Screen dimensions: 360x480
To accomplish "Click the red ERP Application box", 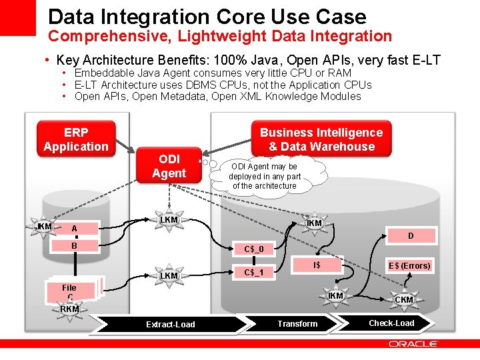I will point(75,139).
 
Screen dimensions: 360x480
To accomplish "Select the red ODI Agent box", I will point(169,165).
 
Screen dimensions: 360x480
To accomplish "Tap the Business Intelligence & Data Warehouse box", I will point(321,139).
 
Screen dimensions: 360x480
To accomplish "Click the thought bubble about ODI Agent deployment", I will point(265,176).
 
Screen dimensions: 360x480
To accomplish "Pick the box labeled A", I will point(75,229).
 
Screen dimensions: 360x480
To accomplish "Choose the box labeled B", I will point(75,245).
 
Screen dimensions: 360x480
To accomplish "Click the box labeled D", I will point(411,235).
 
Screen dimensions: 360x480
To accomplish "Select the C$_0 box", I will point(254,249).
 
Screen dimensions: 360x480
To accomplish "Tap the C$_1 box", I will point(254,272).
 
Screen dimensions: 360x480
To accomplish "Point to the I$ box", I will point(317,265).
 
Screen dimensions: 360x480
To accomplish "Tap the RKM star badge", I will point(69,309).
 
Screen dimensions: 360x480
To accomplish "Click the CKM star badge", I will point(404,299).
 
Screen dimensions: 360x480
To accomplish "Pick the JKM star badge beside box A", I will point(44,227).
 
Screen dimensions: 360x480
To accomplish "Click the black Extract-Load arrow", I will point(171,325).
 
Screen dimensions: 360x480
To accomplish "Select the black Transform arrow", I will point(297,323).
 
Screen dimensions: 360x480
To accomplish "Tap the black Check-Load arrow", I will point(392,323).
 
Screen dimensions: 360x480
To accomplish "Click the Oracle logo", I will point(413,344).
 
